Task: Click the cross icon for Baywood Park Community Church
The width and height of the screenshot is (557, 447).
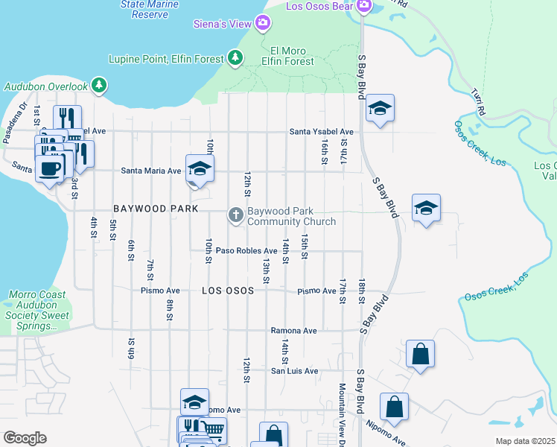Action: click(x=236, y=216)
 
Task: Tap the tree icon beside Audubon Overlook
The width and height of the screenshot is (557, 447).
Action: click(x=98, y=86)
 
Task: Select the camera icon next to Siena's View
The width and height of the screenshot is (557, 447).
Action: click(x=262, y=24)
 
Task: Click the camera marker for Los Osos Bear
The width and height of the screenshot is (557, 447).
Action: click(x=363, y=7)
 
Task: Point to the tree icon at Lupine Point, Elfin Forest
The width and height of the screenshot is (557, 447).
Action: click(x=235, y=57)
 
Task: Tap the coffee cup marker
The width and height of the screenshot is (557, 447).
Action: click(x=50, y=168)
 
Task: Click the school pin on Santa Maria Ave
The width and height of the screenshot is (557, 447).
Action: click(x=200, y=168)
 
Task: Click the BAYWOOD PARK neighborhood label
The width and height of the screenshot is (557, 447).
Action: click(x=156, y=209)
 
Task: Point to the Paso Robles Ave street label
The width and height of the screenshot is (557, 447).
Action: click(x=246, y=250)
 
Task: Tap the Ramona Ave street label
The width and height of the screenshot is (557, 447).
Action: click(x=293, y=331)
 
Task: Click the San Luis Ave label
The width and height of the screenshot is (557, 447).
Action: click(x=294, y=371)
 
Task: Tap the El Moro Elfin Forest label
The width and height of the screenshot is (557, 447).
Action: click(x=289, y=56)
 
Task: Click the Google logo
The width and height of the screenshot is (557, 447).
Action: click(x=25, y=437)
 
